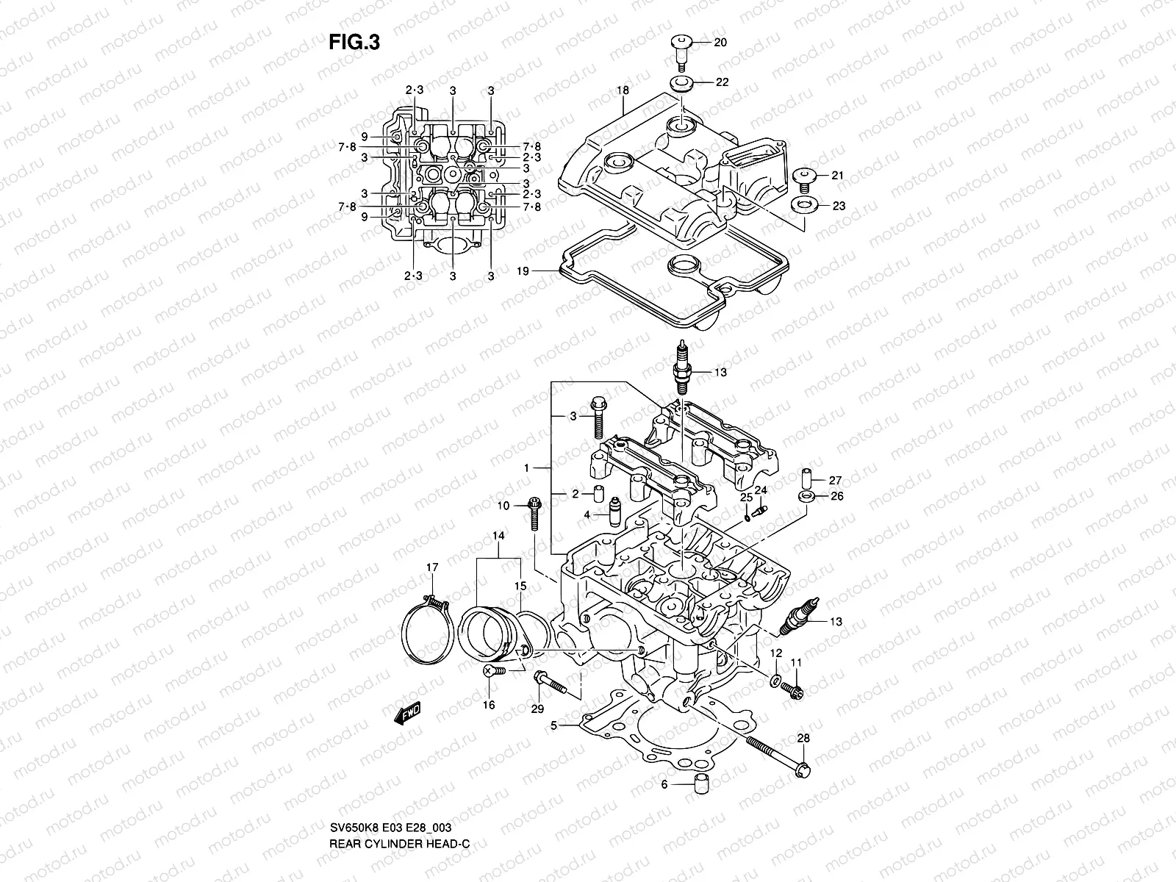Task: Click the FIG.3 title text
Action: tap(354, 43)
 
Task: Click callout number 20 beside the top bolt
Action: tap(720, 43)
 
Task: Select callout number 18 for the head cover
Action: tap(623, 90)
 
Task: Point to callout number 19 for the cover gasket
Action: tap(523, 271)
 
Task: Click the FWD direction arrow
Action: tap(406, 713)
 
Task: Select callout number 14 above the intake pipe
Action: tap(499, 537)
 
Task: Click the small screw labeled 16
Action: tap(495, 671)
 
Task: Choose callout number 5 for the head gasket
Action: tap(555, 726)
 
